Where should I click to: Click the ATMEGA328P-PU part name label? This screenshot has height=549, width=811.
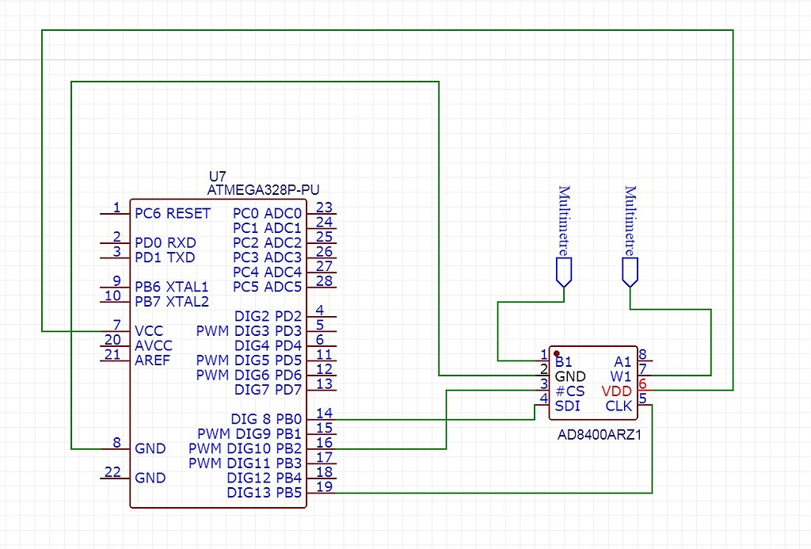pos(263,190)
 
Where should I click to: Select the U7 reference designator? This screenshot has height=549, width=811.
pos(216,176)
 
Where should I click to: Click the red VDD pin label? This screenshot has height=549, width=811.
pos(616,391)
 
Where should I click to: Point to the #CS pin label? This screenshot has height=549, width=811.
pos(569,391)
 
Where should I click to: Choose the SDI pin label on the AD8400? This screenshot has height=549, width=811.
pos(567,406)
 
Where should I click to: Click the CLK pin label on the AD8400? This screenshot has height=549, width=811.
pos(619,406)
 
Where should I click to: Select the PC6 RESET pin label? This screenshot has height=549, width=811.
pos(173,213)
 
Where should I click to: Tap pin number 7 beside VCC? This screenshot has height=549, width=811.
pos(116,325)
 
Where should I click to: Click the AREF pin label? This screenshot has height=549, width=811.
pos(152,360)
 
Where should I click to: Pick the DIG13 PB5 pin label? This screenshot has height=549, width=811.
pos(264,493)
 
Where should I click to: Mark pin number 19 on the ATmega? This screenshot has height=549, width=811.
pos(324,486)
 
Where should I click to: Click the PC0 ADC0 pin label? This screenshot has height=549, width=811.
pos(267,213)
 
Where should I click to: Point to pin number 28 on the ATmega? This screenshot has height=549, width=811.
pos(324,280)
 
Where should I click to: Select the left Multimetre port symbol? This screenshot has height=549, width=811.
pos(564,273)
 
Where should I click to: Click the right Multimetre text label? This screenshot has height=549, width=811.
pos(630,218)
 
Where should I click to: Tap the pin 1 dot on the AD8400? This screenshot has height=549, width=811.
pos(557,353)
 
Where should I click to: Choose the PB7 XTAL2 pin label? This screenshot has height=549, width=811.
pos(172,302)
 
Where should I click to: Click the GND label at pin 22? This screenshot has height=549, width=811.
pos(150,478)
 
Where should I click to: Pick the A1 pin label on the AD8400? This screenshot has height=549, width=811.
pos(623,361)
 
